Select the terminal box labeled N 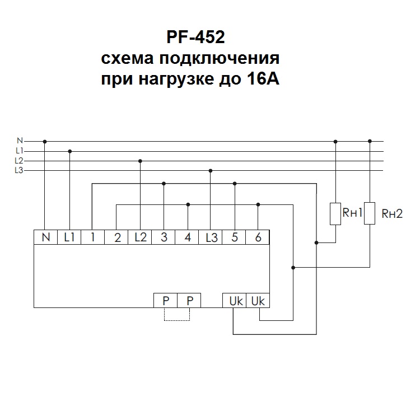45,237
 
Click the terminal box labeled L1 69,237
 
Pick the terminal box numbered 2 117,237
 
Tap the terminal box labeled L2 140,237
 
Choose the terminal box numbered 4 188,237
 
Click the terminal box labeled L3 211,237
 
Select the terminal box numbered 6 258,237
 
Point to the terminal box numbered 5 234,237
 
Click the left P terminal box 166,300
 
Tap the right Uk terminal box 258,300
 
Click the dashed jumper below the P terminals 178,320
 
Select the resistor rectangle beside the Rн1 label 335,213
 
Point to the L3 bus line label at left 19,170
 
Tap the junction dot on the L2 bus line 140,161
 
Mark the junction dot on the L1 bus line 70,151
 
